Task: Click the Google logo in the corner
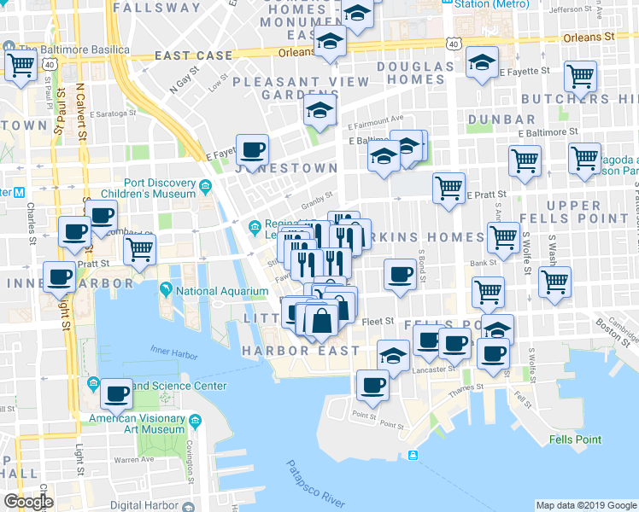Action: coord(28,501)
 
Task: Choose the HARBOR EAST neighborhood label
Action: coord(301,351)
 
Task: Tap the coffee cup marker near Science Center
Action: coord(116,394)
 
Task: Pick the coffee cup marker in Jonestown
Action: coord(252,150)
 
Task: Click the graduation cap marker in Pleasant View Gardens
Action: coord(320,111)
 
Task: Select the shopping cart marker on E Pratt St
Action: coord(448,187)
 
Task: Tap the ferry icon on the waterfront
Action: coord(413,455)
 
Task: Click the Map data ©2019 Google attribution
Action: coord(585,504)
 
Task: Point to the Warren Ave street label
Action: coord(128,460)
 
